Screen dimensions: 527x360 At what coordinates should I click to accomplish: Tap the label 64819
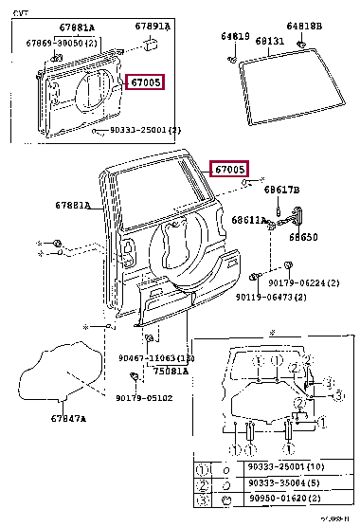(x=235, y=35)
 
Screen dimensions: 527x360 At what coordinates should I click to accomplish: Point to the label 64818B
(x=303, y=27)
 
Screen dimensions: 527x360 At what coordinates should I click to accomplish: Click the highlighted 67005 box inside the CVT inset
(x=144, y=82)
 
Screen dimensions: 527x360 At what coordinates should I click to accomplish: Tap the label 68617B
(x=281, y=190)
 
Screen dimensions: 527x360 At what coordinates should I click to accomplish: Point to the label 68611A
(x=249, y=219)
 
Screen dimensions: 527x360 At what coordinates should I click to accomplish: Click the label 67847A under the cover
(x=68, y=418)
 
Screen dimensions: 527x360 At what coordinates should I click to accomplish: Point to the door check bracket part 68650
(x=303, y=215)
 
